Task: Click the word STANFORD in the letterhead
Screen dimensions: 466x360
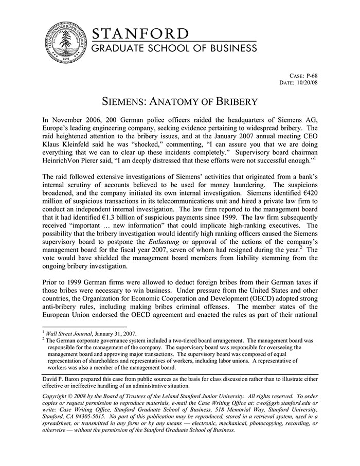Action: point(140,34)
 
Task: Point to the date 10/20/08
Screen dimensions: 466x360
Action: point(307,82)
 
